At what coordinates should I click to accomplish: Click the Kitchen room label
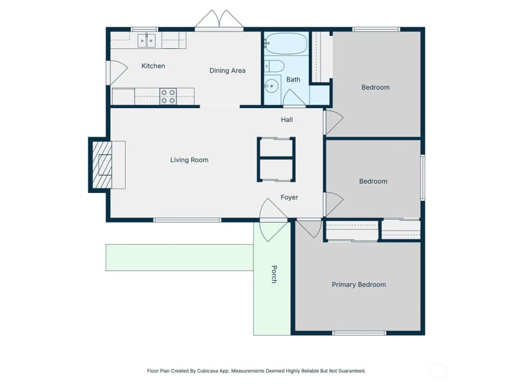(x=153, y=66)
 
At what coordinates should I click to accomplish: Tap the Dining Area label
(x=227, y=70)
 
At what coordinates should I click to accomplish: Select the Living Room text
(x=189, y=160)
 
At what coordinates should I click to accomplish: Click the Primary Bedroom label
(x=359, y=284)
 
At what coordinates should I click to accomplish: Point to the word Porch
(x=274, y=275)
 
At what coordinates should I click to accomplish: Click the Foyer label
(x=289, y=197)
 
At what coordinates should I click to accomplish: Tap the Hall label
(x=287, y=120)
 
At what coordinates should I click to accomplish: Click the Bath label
(x=293, y=79)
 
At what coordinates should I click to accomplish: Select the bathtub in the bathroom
(x=286, y=43)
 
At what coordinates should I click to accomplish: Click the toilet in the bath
(x=274, y=66)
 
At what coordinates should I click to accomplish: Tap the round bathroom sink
(x=271, y=86)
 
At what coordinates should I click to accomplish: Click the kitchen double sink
(x=146, y=40)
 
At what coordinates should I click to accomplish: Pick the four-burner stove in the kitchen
(x=168, y=96)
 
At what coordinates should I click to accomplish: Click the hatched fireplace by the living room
(x=102, y=165)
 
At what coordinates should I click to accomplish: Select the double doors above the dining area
(x=219, y=20)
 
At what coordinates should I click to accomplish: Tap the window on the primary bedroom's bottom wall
(x=359, y=333)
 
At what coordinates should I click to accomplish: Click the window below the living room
(x=187, y=220)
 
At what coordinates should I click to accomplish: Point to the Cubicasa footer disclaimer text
(x=256, y=371)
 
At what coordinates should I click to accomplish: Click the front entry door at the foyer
(x=273, y=220)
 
